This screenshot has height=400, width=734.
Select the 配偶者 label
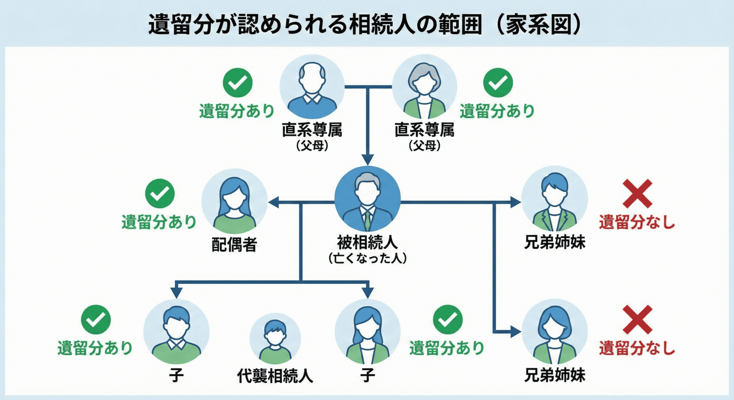tap(234, 244)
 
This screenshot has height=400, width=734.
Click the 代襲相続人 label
tap(275, 376)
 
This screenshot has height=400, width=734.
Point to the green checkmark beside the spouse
tap(160, 193)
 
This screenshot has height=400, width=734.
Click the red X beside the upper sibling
tap(637, 193)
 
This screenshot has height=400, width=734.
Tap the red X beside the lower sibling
tap(637, 319)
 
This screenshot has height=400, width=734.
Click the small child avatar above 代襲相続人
tap(275, 341)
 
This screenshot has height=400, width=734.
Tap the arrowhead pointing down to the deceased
tap(367, 159)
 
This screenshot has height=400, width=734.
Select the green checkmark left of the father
tap(237, 83)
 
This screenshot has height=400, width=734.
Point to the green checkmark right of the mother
tap(498, 83)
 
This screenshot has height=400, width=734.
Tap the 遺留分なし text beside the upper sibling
tap(637, 222)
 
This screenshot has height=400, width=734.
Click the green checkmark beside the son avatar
tap(96, 319)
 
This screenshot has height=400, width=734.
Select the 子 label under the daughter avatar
tap(367, 375)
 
